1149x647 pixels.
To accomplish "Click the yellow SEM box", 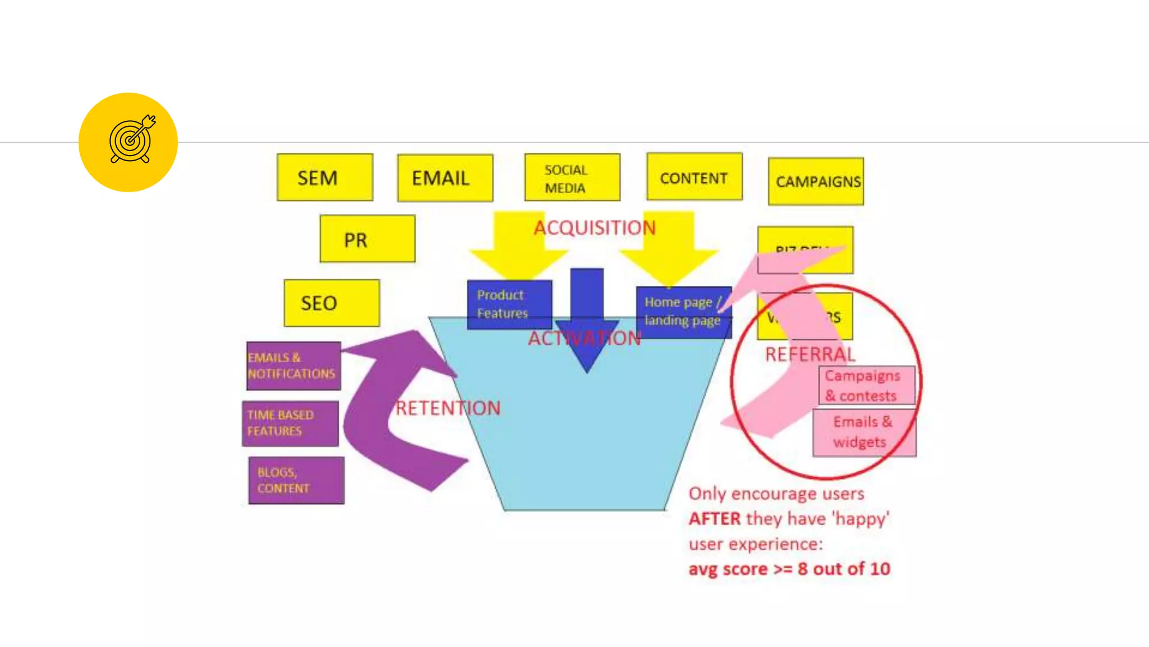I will [325, 177].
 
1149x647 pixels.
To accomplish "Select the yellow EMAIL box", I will [445, 178].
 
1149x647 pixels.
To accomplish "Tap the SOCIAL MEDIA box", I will [572, 177].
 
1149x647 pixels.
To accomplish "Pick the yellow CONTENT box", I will [694, 177].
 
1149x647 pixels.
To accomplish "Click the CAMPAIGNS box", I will [816, 181].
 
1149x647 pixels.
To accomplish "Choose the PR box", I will [367, 239].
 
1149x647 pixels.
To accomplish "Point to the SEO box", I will [332, 303].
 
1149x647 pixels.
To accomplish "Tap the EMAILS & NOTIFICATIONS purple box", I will [293, 366].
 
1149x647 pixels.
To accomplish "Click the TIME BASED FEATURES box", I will [290, 423].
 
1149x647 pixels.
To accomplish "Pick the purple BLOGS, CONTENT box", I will [296, 480].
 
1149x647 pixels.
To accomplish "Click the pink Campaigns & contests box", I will [866, 385].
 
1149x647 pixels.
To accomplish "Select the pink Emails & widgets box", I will [863, 432].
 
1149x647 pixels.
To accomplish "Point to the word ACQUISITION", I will [594, 227].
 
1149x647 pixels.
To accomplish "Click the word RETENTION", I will [448, 408].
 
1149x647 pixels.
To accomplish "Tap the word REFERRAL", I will [810, 354].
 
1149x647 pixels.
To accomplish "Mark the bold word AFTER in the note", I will [714, 518].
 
